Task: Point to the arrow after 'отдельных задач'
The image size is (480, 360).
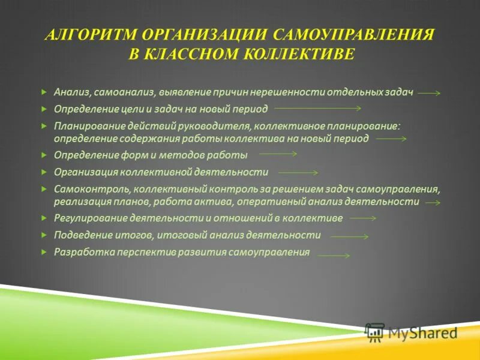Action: (429, 94)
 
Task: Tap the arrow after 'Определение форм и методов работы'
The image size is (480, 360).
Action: (277, 154)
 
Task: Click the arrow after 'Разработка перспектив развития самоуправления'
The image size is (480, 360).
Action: (333, 256)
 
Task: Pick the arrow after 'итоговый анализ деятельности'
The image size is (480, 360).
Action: (349, 237)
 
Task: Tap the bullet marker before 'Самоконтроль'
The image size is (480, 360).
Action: (44, 188)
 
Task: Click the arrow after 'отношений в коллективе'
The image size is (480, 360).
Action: (362, 219)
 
